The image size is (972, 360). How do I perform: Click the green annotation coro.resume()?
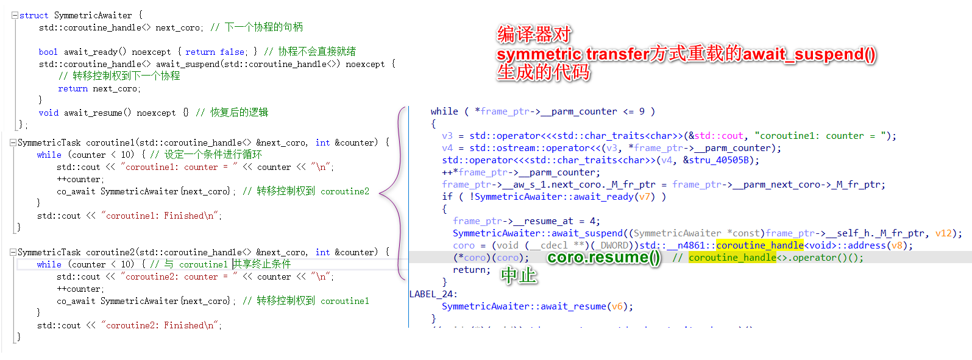pos(603,258)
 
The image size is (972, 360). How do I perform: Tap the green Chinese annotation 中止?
pos(519,276)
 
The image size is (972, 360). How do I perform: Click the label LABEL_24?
pos(433,294)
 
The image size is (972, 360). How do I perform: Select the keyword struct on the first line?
pos(34,15)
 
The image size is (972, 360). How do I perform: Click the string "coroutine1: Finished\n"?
pos(161,216)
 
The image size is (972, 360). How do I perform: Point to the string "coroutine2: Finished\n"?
pos(161,325)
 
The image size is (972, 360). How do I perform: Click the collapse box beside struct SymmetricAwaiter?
pos(15,15)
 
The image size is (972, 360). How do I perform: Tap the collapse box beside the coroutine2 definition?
pos(13,252)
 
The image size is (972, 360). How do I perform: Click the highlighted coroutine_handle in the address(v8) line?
pos(760,245)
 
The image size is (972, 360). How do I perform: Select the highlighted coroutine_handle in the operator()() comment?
pos(733,258)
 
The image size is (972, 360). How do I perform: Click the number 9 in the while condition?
pos(642,111)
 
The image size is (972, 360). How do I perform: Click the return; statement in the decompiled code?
pos(472,270)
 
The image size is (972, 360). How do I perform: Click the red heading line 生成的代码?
pos(543,72)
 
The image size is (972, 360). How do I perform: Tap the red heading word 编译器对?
pos(534,34)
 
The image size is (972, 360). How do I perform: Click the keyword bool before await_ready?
pos(48,52)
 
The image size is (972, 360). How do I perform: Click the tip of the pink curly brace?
pos(380,193)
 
